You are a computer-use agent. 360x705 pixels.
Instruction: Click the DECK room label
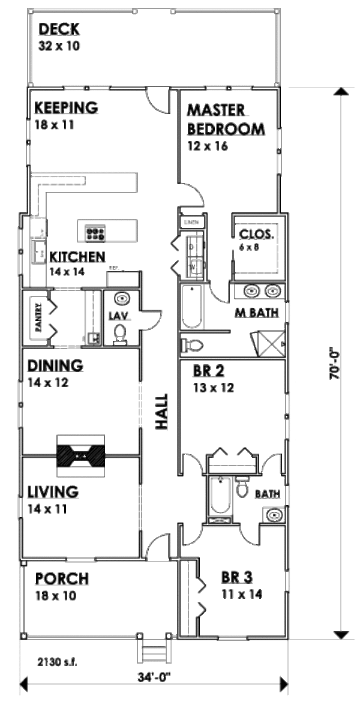pyautogui.click(x=59, y=28)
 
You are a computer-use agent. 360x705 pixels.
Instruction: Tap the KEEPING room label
pyautogui.click(x=65, y=108)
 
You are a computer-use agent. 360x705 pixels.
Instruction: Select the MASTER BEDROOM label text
pyautogui.click(x=225, y=120)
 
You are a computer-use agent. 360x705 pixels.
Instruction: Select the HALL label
pyautogui.click(x=161, y=411)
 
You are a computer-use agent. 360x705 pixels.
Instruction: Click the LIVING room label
pyautogui.click(x=53, y=492)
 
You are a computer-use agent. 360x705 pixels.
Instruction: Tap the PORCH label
pyautogui.click(x=62, y=579)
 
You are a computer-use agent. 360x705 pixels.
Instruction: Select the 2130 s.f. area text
pyautogui.click(x=57, y=663)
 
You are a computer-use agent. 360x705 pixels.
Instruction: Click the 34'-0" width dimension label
pyautogui.click(x=153, y=676)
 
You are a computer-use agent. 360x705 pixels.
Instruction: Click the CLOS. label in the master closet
pyautogui.click(x=257, y=234)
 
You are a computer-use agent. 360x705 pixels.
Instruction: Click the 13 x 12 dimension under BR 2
pyautogui.click(x=213, y=387)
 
